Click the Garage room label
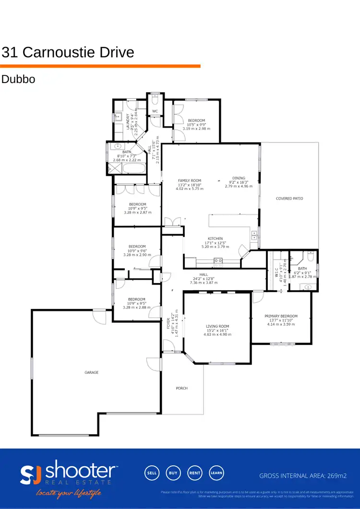click(x=91, y=372)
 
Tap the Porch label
click(x=182, y=388)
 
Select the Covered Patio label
click(x=289, y=198)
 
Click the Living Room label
click(x=217, y=326)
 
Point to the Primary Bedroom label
click(x=281, y=316)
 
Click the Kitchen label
click(x=215, y=238)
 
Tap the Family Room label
click(x=190, y=181)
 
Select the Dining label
click(x=239, y=178)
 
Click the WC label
click(x=155, y=111)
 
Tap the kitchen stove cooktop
click(x=218, y=261)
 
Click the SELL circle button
click(x=151, y=473)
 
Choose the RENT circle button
click(x=194, y=473)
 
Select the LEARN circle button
click(x=216, y=473)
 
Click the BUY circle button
click(x=173, y=473)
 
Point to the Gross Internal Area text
click(x=303, y=476)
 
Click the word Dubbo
click(x=18, y=79)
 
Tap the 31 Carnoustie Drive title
click(x=68, y=52)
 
